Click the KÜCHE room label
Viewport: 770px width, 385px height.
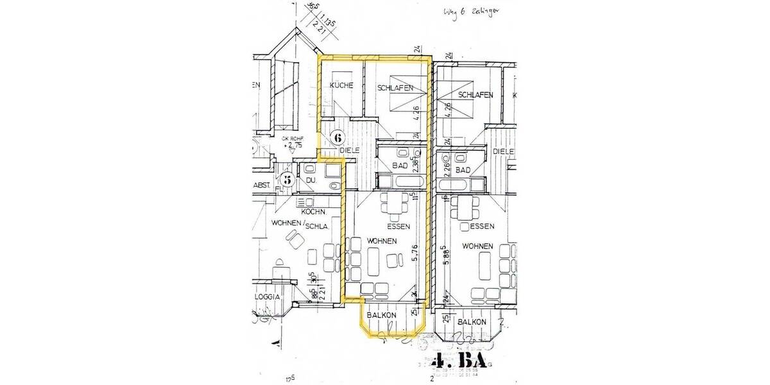pos(341,87)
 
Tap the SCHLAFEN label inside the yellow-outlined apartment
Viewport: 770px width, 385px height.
pos(395,88)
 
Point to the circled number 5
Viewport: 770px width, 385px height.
pos(288,180)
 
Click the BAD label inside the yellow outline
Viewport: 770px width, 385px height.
pos(400,167)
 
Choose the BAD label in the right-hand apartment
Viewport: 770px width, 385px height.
pos(463,170)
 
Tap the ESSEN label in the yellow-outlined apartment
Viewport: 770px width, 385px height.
pos(398,227)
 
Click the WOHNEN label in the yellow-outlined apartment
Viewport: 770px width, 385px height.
pos(381,241)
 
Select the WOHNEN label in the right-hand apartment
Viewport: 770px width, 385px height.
pos(477,246)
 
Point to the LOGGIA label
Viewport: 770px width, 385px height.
pos(266,298)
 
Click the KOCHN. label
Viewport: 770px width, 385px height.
pos(314,211)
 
